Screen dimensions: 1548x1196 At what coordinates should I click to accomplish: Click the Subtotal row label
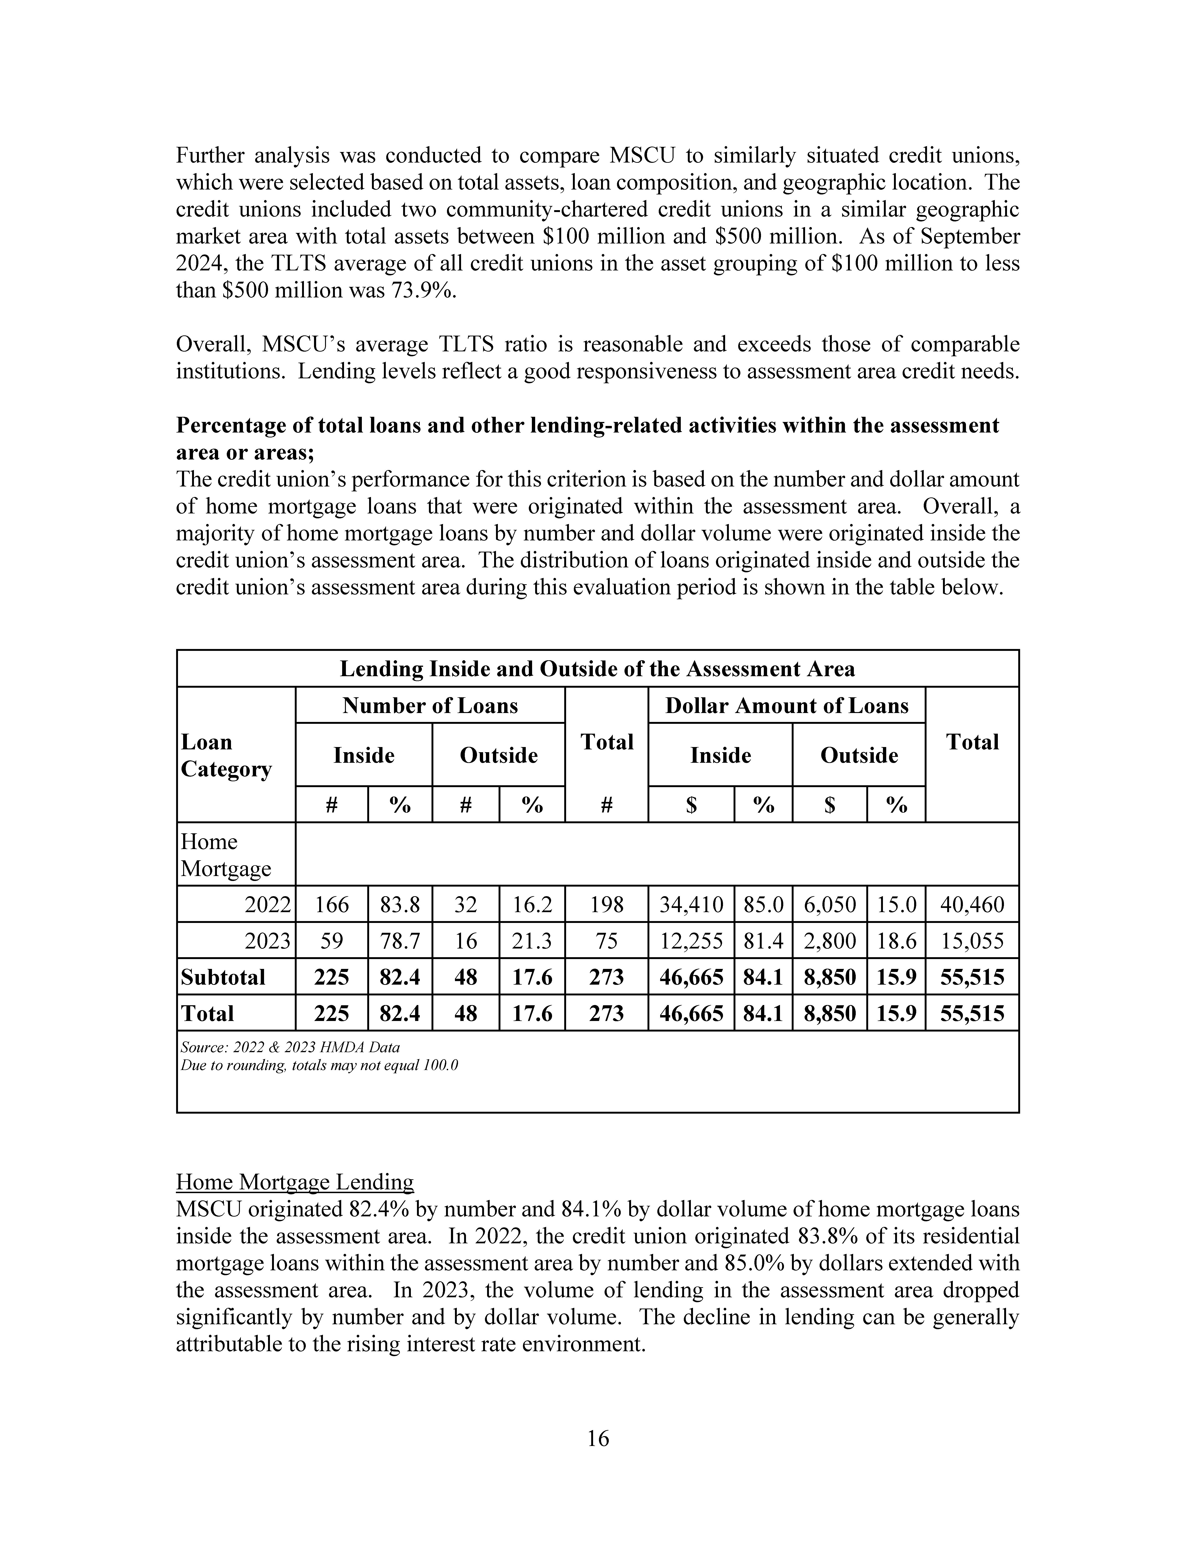point(223,977)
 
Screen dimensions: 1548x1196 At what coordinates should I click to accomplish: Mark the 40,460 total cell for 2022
point(972,904)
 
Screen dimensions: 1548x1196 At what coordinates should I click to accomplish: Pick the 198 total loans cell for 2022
point(606,904)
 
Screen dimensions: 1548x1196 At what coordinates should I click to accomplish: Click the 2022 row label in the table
point(267,904)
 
